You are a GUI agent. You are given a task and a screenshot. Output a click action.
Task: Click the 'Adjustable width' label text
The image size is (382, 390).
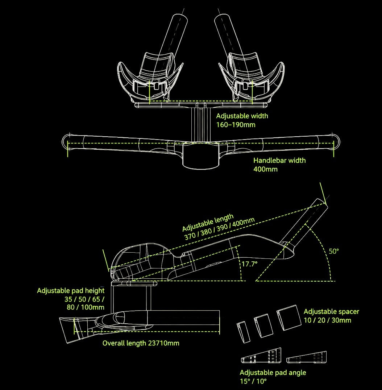pyautogui.click(x=242, y=116)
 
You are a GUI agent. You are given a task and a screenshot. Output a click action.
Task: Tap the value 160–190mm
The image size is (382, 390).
pyautogui.click(x=236, y=125)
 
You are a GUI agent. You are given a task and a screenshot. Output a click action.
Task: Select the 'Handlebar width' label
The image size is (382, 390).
pyautogui.click(x=279, y=161)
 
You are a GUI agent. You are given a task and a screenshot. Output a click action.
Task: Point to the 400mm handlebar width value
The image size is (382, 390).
pyautogui.click(x=265, y=169)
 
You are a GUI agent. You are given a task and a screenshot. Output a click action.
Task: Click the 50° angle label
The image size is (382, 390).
pyautogui.click(x=334, y=251)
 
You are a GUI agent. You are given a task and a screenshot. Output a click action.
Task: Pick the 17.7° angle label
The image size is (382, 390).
pyautogui.click(x=250, y=264)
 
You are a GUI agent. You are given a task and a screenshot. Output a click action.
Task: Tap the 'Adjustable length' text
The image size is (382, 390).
pyautogui.click(x=208, y=222)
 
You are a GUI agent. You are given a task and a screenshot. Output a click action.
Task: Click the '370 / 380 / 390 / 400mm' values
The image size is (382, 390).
pyautogui.click(x=219, y=229)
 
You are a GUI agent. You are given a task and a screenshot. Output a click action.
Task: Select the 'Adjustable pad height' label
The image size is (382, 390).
pyautogui.click(x=71, y=291)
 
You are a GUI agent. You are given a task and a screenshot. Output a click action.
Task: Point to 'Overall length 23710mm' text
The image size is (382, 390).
pyautogui.click(x=141, y=343)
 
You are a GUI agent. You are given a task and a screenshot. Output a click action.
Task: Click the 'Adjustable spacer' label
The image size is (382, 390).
pyautogui.click(x=331, y=311)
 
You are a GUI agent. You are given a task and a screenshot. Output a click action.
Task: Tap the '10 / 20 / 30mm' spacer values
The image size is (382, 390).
pyautogui.click(x=327, y=320)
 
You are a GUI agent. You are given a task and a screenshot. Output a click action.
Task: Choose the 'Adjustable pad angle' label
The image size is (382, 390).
pyautogui.click(x=273, y=373)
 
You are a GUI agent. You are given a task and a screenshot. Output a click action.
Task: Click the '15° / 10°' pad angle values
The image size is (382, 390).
pyautogui.click(x=253, y=381)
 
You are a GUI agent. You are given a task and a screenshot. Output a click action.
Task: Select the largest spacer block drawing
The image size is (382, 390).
pyautogui.click(x=289, y=318)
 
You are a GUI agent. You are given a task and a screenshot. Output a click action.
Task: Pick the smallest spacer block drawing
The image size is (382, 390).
pyautogui.click(x=243, y=332)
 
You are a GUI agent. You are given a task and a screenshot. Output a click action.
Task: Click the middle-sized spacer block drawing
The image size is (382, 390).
pyautogui.click(x=263, y=325)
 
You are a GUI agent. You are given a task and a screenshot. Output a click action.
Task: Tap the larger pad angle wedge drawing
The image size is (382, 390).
pyautogui.click(x=261, y=356)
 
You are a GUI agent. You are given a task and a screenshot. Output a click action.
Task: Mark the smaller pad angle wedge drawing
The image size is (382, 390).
pyautogui.click(x=306, y=357)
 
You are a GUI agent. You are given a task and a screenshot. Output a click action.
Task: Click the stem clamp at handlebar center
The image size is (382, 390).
pyautogui.click(x=201, y=156)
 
